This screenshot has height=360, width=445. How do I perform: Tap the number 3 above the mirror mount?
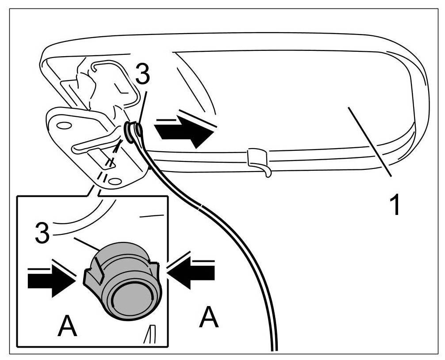(142, 77)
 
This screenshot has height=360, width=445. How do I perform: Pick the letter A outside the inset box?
(209, 318)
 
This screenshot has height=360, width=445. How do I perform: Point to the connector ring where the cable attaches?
(133, 132)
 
